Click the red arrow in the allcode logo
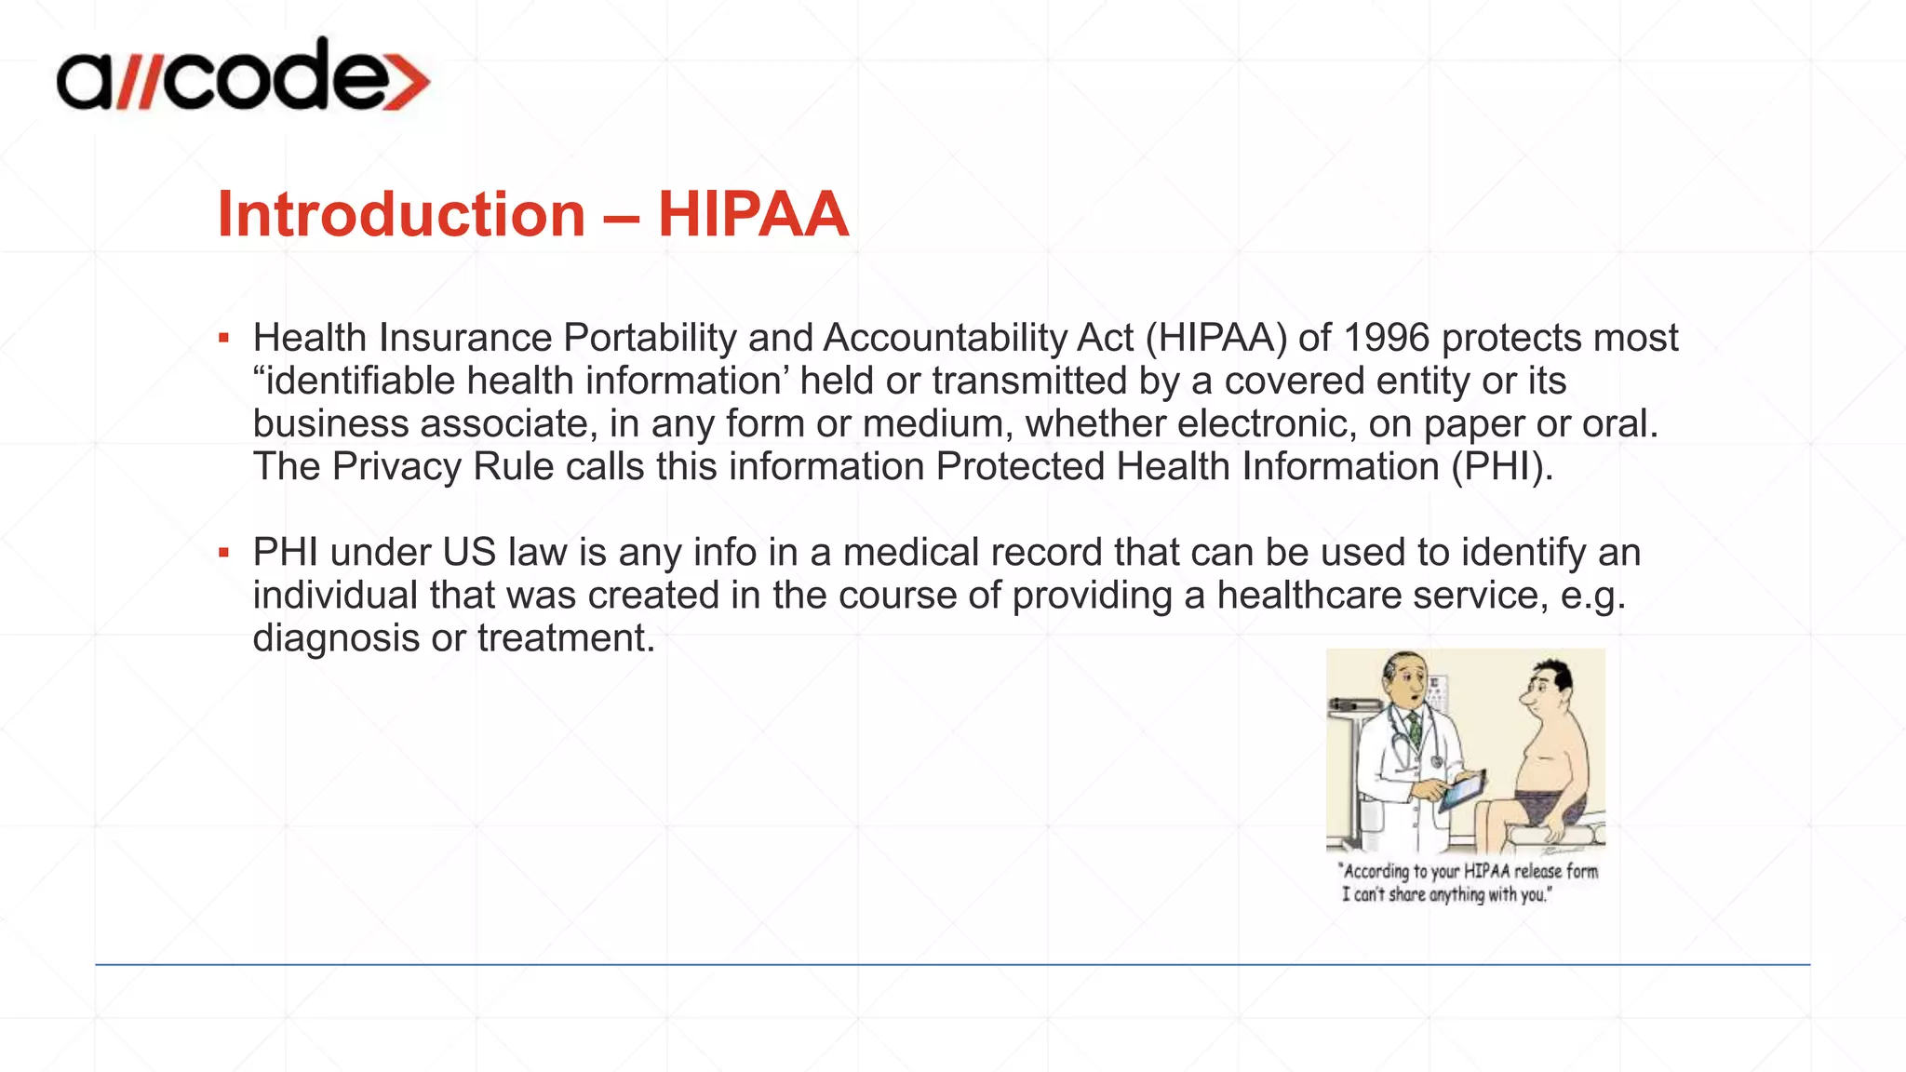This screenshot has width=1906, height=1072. click(407, 82)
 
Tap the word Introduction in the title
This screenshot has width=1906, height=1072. click(401, 215)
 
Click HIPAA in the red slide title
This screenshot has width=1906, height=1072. click(753, 215)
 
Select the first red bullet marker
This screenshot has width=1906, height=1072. click(223, 338)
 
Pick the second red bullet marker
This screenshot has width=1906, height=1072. click(223, 553)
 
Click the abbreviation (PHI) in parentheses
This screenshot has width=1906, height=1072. click(1501, 466)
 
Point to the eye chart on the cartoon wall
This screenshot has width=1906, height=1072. click(1436, 692)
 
